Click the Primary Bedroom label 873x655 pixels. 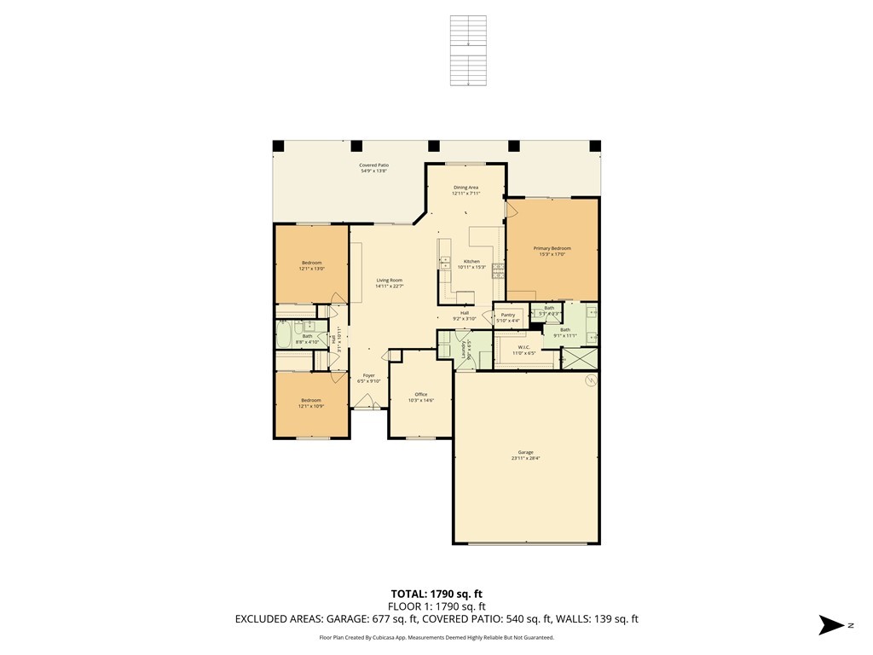(552, 248)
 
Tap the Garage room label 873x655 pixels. (525, 452)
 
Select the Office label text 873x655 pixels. (421, 394)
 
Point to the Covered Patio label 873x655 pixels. (373, 165)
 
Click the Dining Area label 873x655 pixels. (465, 187)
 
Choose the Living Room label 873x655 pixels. (390, 281)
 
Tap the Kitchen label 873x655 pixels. (471, 261)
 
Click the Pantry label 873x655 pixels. (508, 315)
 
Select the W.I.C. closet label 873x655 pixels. (524, 347)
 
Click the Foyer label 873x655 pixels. (368, 375)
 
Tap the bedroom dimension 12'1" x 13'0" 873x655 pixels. (312, 269)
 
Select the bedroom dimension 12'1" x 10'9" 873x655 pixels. (310, 407)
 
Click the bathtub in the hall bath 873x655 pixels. (283, 334)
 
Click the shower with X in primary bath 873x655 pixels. (580, 359)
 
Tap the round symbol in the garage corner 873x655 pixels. (588, 382)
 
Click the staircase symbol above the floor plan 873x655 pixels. (468, 50)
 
